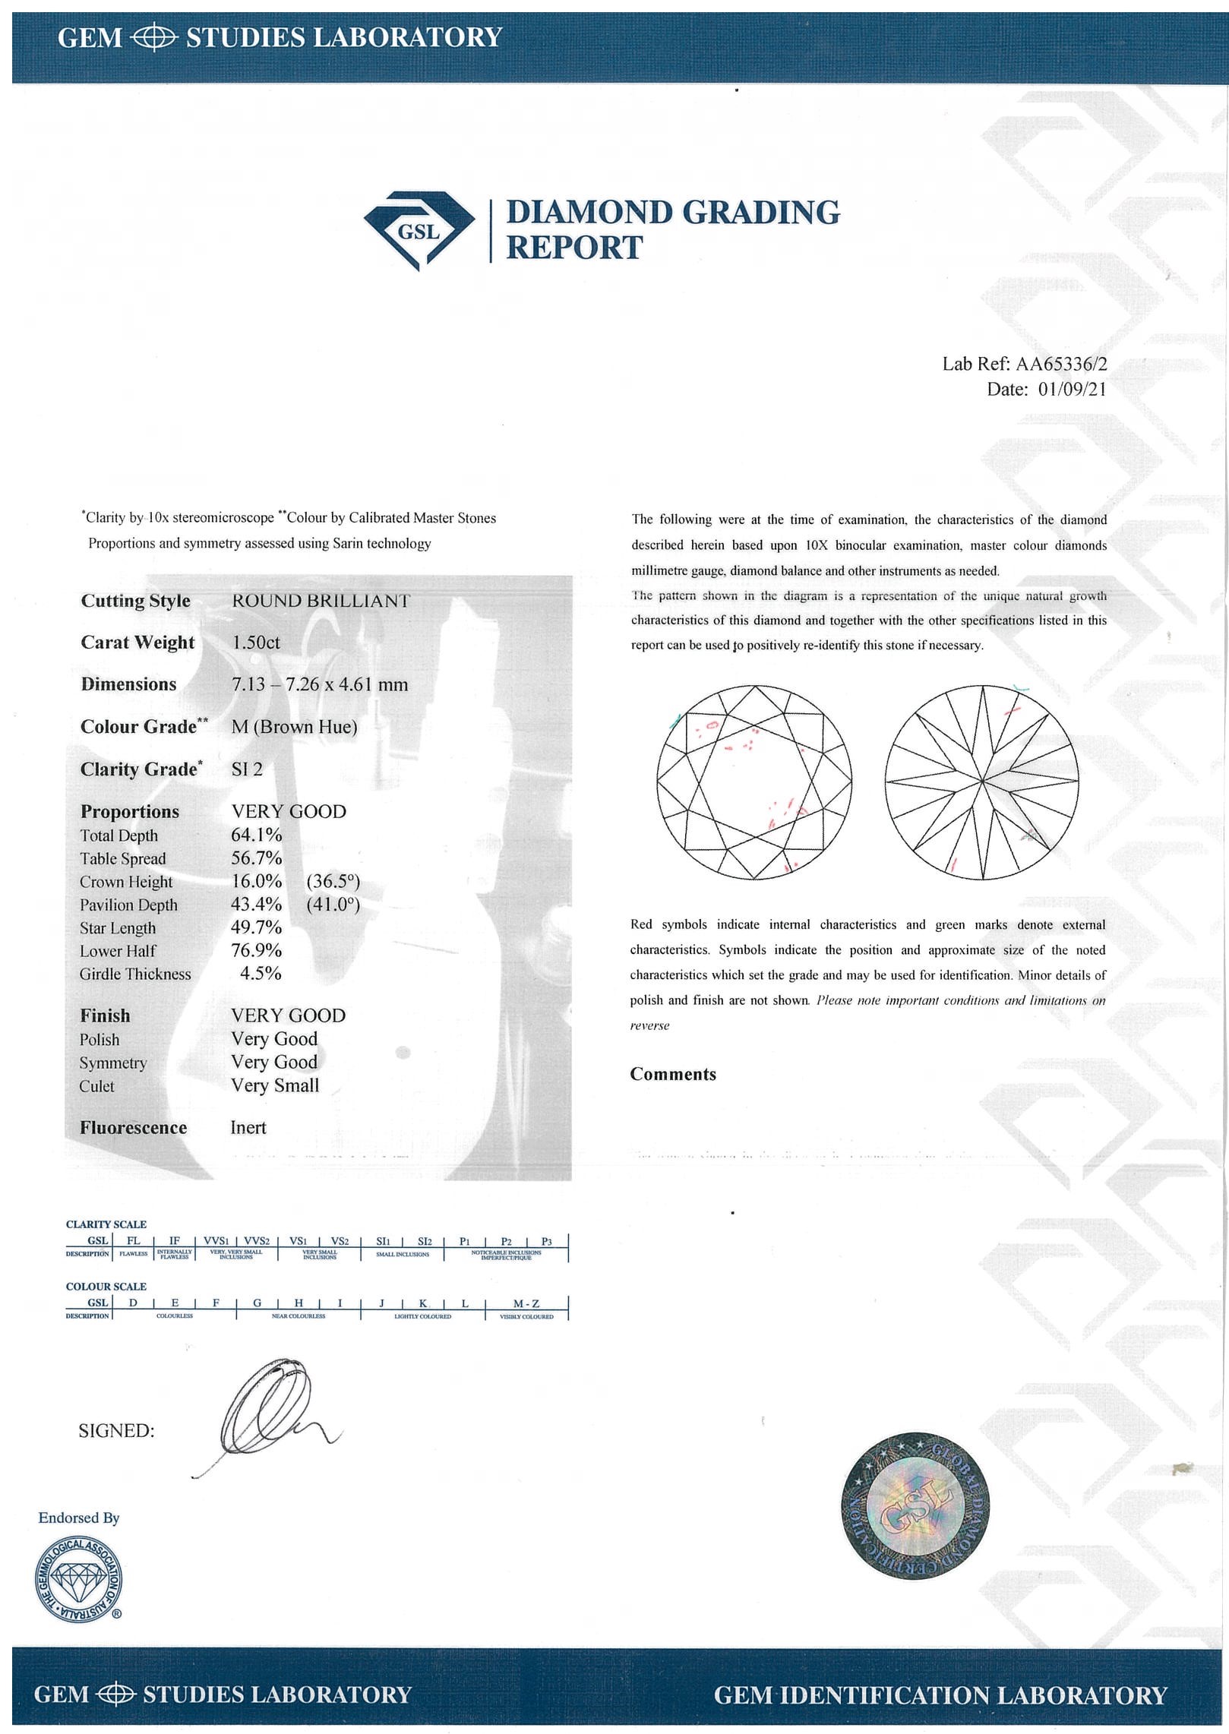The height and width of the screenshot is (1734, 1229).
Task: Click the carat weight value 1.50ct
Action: (x=256, y=643)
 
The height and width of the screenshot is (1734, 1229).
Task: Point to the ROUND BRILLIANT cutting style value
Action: (x=321, y=601)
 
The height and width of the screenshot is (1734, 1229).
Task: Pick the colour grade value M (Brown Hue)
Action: (x=294, y=727)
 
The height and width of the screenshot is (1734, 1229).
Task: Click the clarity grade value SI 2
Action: (x=247, y=769)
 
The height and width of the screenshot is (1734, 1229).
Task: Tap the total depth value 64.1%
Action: (x=257, y=835)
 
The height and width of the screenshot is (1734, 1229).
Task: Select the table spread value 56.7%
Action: (x=257, y=858)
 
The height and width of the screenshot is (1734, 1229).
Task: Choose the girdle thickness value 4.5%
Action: (x=261, y=974)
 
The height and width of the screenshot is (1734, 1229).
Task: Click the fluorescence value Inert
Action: (x=248, y=1128)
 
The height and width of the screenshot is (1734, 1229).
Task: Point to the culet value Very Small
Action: (x=275, y=1085)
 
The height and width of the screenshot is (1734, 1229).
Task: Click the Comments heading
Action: (x=673, y=1074)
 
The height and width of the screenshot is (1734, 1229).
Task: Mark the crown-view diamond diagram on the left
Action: (x=754, y=782)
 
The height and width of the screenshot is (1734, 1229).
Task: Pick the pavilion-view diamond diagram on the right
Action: (x=982, y=782)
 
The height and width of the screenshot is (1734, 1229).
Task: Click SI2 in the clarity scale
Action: (x=425, y=1241)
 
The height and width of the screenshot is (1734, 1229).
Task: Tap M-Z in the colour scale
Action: (x=526, y=1303)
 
